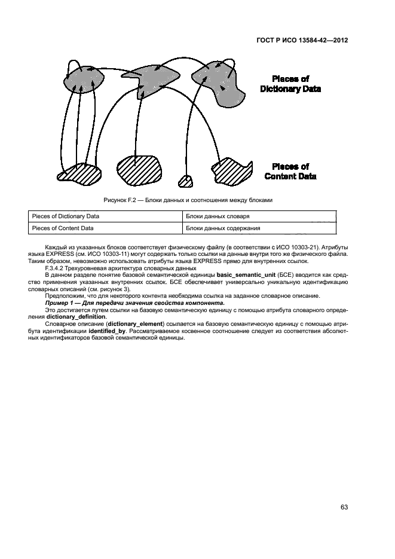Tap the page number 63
click(344, 507)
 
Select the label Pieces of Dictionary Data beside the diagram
click(290, 84)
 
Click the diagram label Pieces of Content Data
click(290, 172)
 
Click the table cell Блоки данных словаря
click(218, 216)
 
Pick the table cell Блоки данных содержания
click(222, 228)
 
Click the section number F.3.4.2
click(56, 267)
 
